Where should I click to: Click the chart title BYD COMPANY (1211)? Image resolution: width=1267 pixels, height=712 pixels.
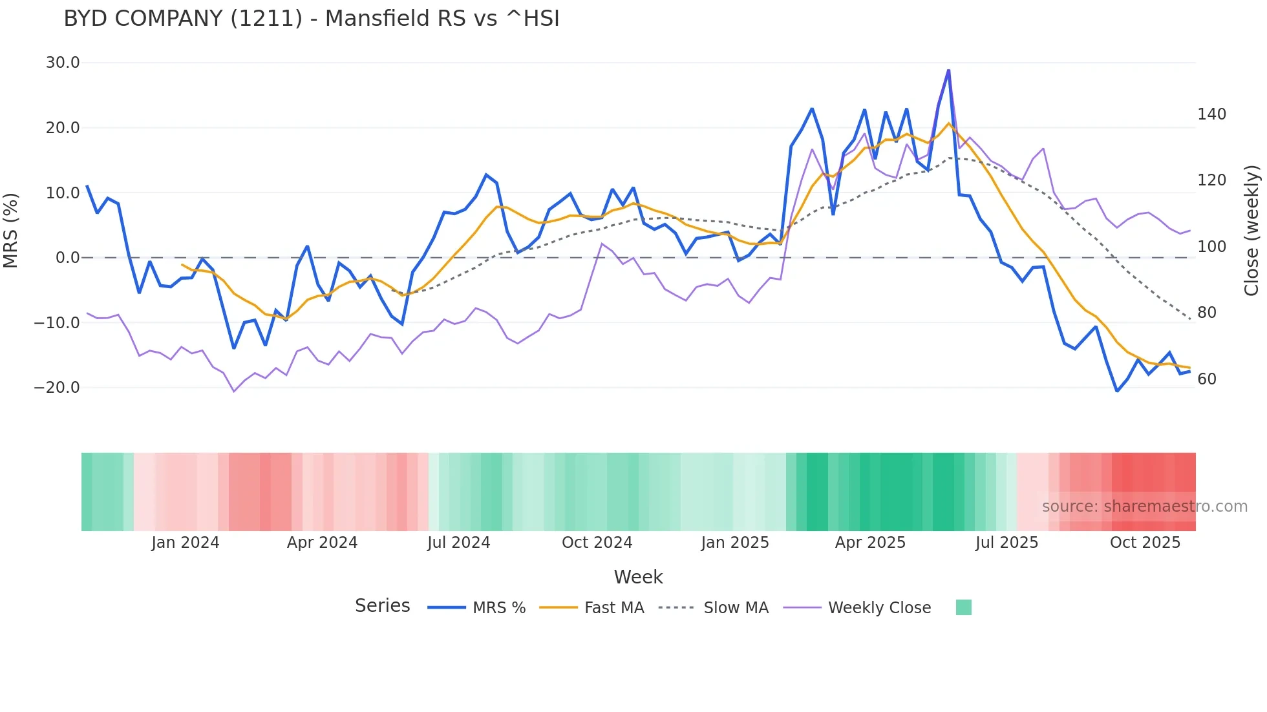(311, 18)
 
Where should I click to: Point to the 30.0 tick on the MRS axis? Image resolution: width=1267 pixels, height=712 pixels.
(63, 63)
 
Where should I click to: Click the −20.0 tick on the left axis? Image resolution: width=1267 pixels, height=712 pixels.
(57, 388)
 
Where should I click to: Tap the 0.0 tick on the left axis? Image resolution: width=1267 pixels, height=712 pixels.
(67, 258)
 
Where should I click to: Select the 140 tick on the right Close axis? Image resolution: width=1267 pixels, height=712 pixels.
(1211, 114)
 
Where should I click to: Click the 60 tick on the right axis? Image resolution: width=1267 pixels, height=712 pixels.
(1206, 379)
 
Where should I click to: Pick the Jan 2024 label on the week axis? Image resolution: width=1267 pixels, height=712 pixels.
(186, 543)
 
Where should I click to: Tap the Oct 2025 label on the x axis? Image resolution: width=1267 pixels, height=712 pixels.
(1145, 543)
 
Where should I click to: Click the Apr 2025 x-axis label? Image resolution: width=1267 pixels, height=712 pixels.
(870, 543)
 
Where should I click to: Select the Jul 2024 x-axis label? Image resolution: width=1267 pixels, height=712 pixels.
(458, 543)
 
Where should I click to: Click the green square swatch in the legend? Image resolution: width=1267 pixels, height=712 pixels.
(963, 607)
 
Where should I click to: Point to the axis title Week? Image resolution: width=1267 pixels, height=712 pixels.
(638, 577)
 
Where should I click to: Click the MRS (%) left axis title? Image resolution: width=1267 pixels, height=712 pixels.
(11, 230)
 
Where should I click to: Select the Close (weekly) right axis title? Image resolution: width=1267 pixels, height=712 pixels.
(1251, 230)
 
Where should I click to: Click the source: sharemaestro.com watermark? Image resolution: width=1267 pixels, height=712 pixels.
(1144, 507)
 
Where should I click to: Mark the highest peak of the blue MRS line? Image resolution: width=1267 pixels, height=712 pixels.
(948, 70)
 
